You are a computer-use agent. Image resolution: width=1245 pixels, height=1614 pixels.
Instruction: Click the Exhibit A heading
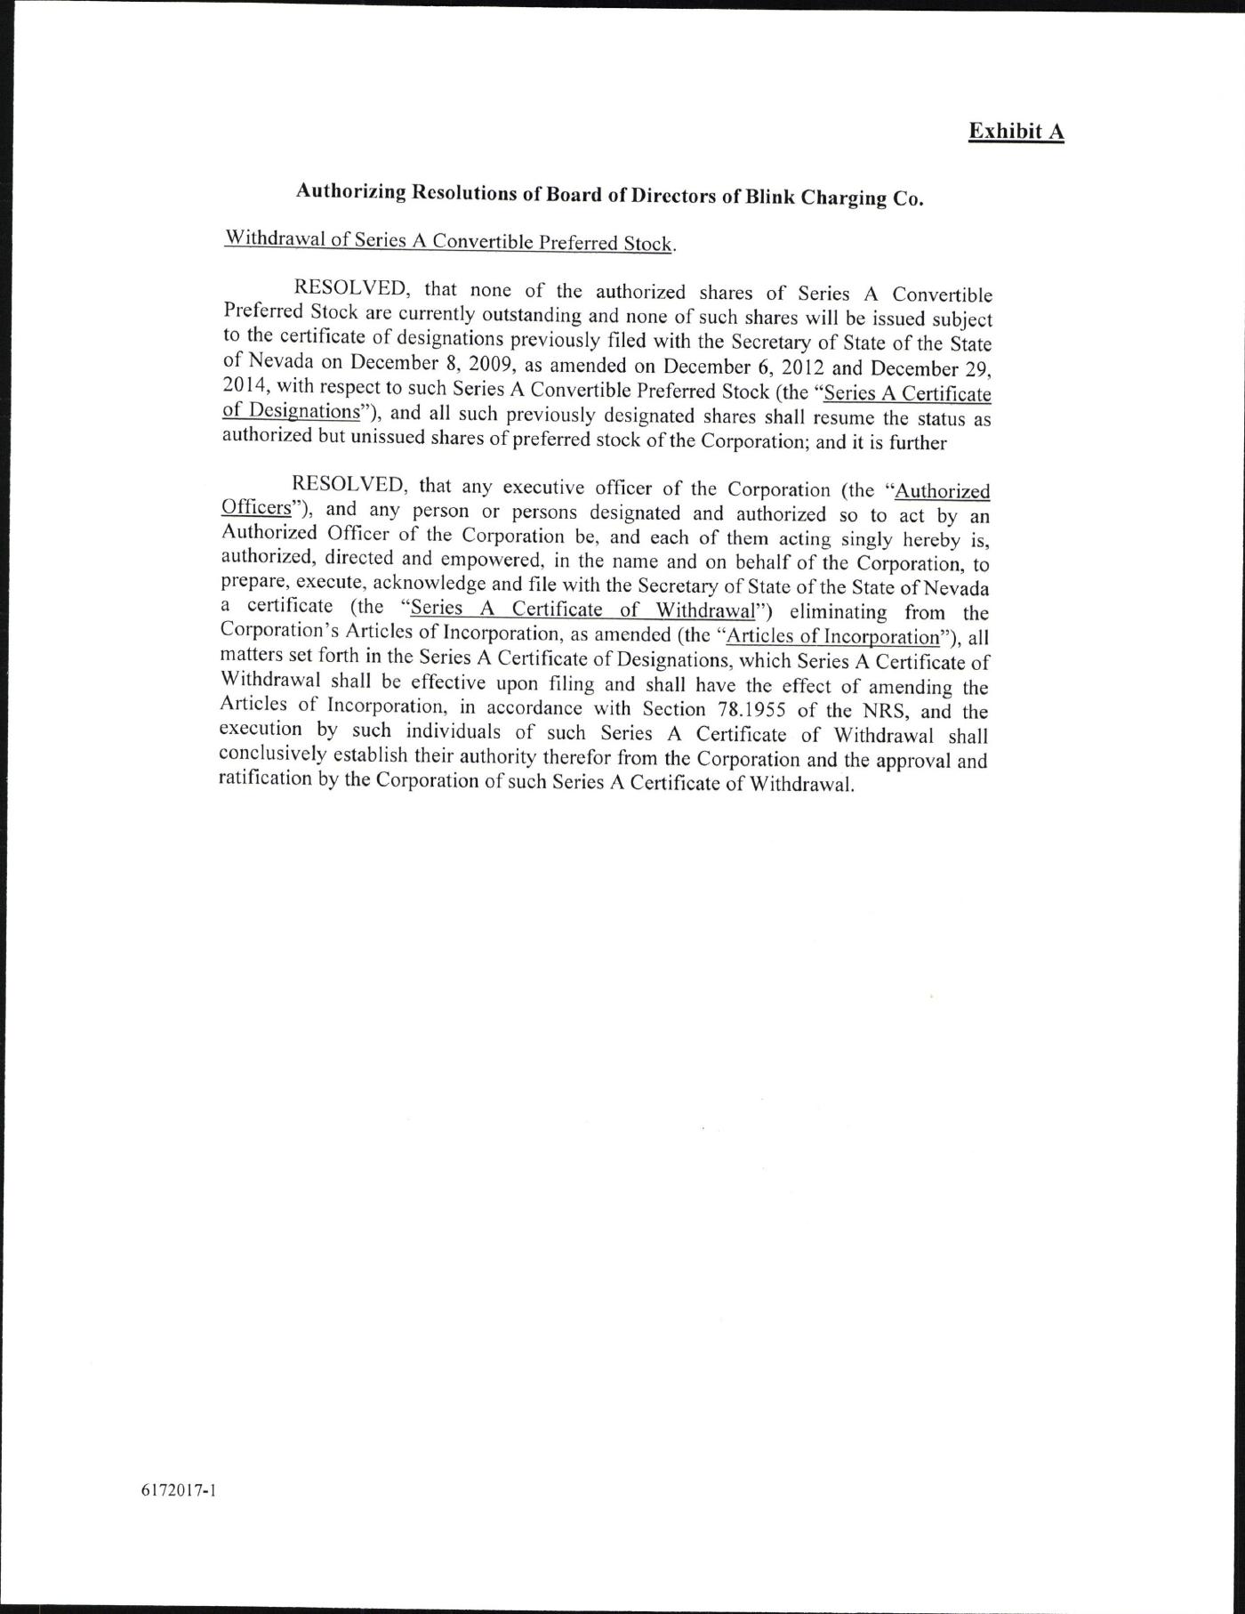coord(1016,132)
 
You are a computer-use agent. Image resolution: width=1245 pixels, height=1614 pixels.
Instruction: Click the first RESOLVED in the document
coord(351,288)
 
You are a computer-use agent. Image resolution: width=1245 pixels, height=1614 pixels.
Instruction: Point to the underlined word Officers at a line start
coord(256,507)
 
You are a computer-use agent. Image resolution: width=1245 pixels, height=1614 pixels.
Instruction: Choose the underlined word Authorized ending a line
coord(942,491)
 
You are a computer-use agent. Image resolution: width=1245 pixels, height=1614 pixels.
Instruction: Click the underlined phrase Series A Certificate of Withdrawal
coord(582,609)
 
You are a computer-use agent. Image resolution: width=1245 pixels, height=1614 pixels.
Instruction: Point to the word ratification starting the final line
coord(264,779)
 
